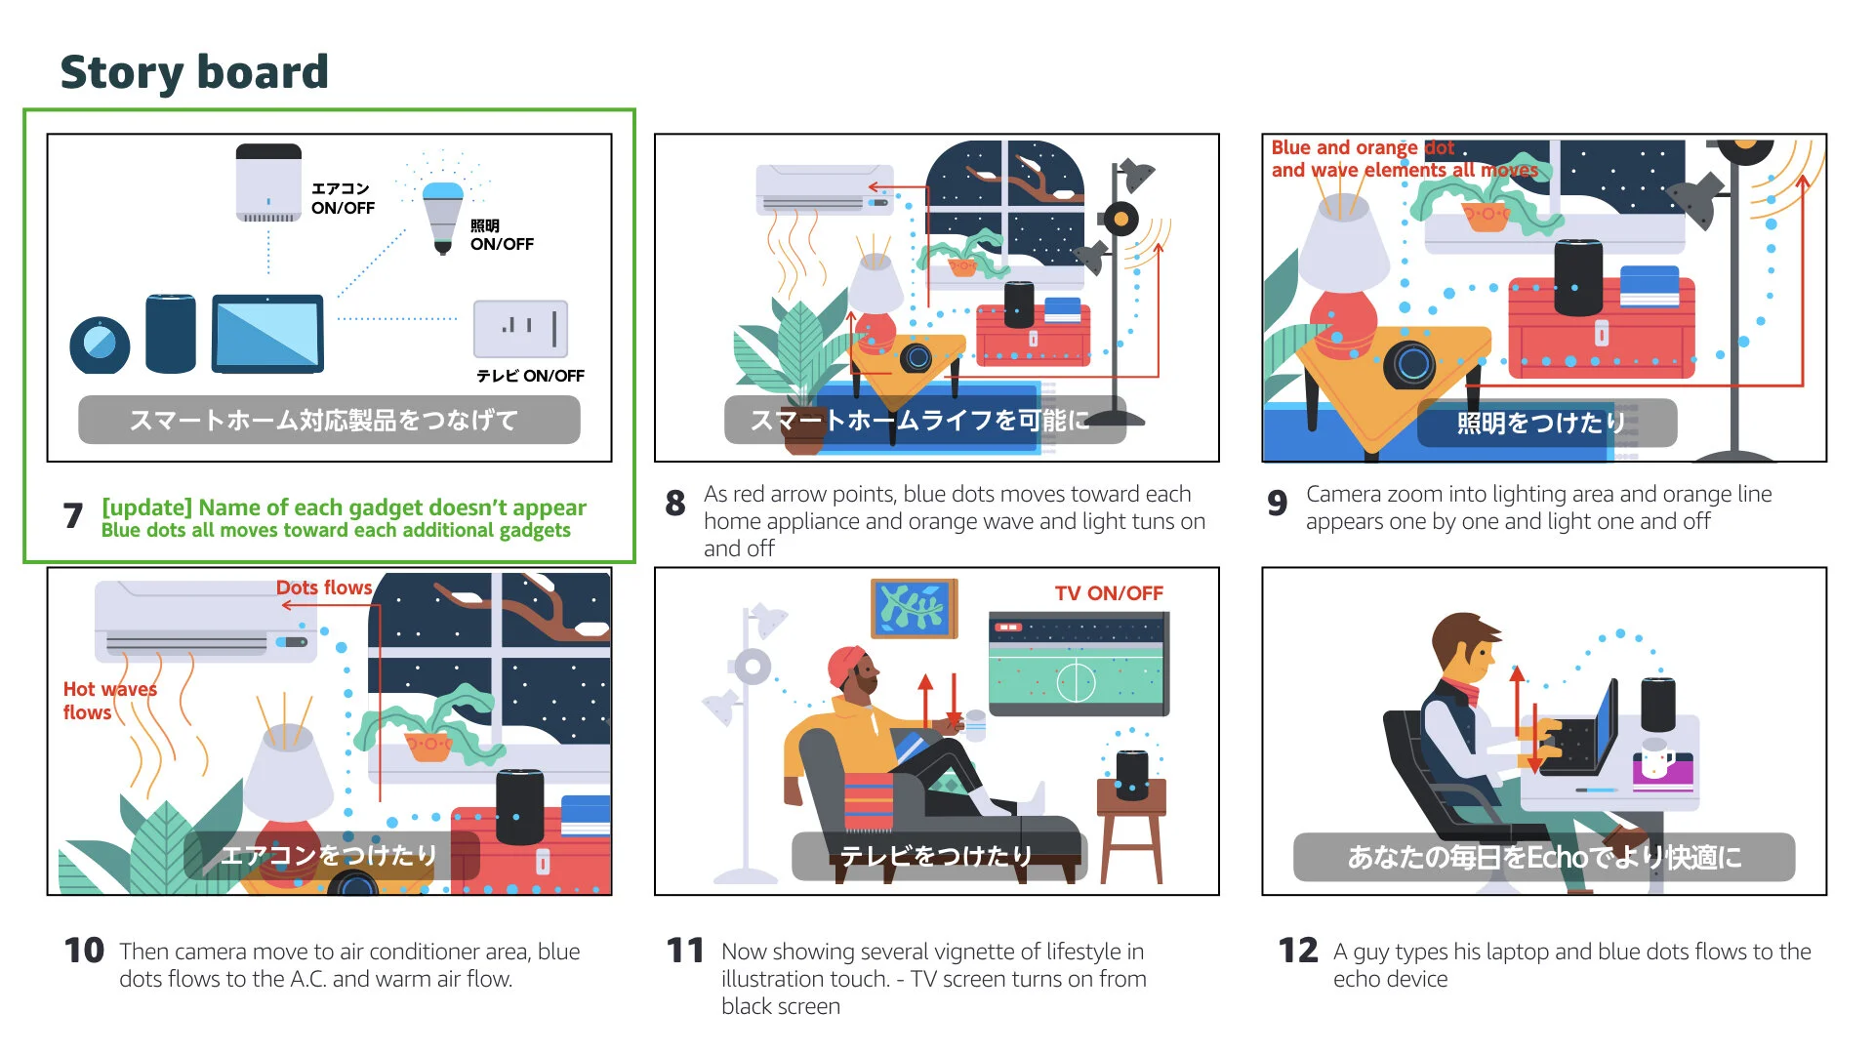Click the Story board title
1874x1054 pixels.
[194, 72]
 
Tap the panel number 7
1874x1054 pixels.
[73, 515]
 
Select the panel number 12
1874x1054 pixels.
[1298, 951]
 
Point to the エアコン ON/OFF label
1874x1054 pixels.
[343, 198]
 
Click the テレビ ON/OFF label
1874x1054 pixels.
[530, 376]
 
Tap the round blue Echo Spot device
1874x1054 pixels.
[100, 345]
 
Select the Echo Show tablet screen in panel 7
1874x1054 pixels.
[267, 334]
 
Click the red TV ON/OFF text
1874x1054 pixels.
[1109, 593]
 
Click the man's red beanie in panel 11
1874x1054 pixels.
[847, 666]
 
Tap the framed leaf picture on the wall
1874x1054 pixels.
[914, 608]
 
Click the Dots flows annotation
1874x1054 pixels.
[324, 588]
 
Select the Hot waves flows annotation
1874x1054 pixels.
[109, 701]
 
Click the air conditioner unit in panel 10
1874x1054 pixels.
[205, 623]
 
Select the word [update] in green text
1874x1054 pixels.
[146, 507]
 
